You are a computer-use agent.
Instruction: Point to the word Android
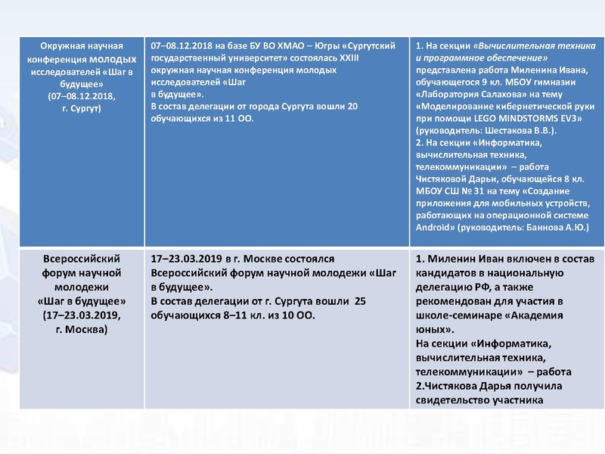pyautogui.click(x=435, y=226)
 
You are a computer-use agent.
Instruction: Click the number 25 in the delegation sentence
pyautogui.click(x=360, y=302)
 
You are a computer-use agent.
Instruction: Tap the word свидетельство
pyautogui.click(x=461, y=400)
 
